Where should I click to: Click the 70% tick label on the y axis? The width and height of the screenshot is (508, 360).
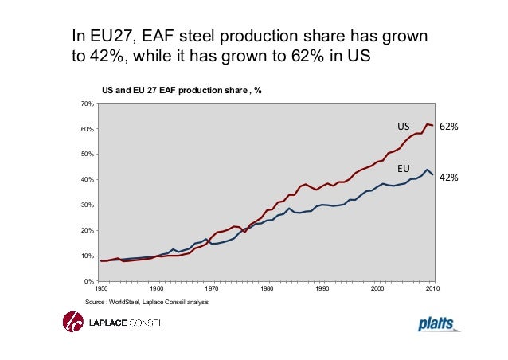coord(88,104)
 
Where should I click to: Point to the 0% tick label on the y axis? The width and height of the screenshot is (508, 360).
coord(89,281)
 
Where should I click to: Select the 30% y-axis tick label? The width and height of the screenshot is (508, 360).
coord(88,205)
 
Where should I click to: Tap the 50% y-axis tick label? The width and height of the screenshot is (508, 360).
coord(88,155)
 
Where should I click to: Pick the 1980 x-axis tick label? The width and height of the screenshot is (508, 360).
coord(267,289)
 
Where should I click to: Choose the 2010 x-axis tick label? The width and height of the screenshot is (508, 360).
coord(432,289)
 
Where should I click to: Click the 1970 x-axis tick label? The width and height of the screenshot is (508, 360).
coord(212,289)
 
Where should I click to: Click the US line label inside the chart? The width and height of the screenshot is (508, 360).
coord(403,127)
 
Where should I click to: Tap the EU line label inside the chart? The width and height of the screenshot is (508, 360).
coord(403,170)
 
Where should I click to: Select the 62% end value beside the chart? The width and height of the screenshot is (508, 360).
coord(450,127)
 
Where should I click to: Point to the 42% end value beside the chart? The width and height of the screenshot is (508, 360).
coord(450,178)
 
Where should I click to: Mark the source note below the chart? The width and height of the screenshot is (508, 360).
coord(144,303)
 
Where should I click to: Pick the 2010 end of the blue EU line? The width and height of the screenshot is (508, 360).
coord(432,175)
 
